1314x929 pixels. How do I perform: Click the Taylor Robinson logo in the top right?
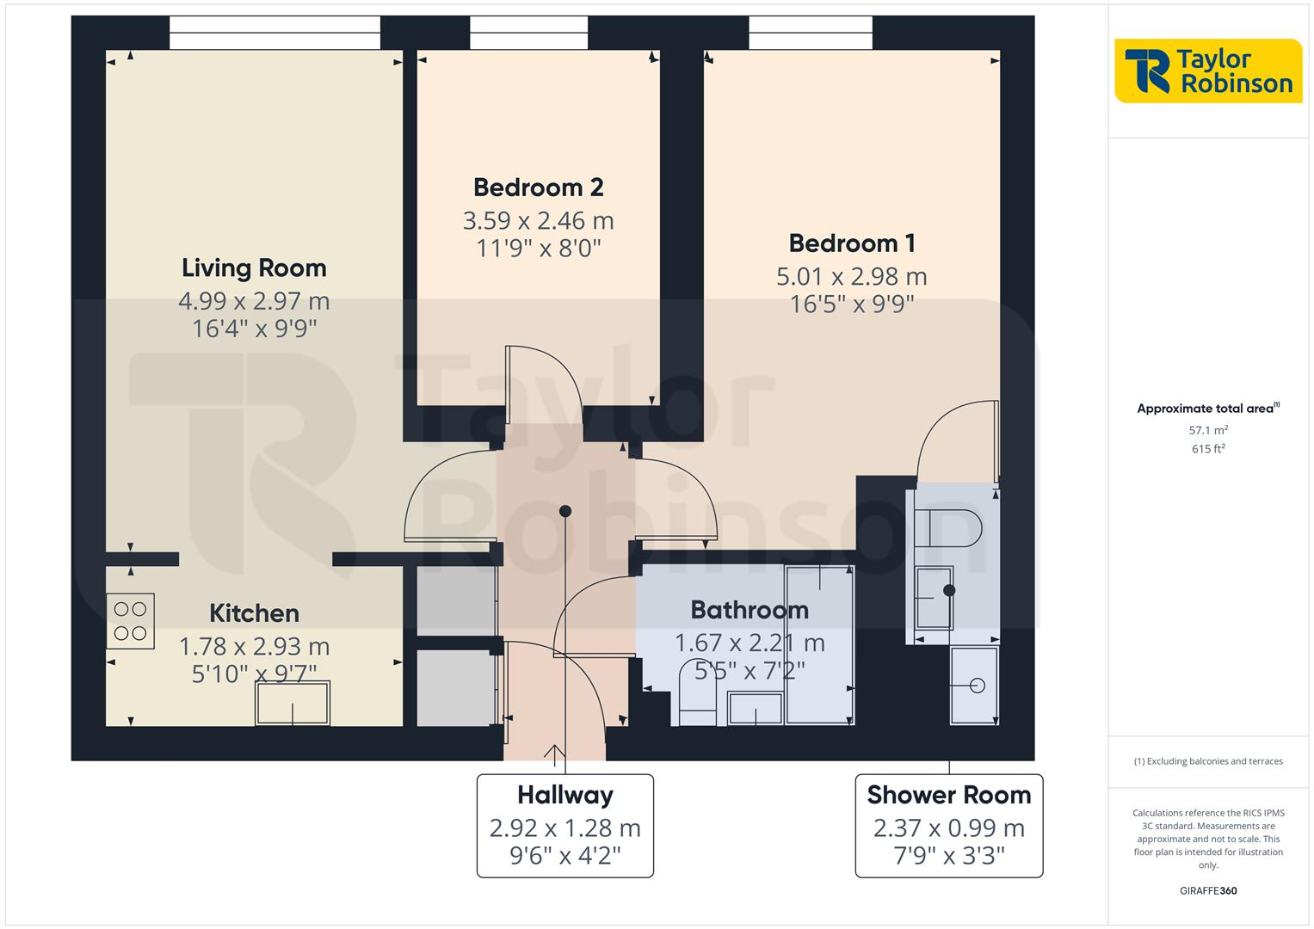(1207, 71)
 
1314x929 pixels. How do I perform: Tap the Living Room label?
(254, 268)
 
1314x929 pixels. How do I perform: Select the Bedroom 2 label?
(538, 188)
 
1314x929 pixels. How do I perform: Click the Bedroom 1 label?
(851, 243)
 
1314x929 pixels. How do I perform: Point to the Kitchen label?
(254, 613)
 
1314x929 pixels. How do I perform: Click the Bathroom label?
(749, 610)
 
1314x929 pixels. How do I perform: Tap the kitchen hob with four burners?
(130, 621)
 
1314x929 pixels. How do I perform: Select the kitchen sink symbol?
(292, 703)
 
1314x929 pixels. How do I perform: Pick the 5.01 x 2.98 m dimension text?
(851, 277)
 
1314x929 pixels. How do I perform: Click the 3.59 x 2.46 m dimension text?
(538, 221)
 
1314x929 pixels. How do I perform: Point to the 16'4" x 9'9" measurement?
(254, 329)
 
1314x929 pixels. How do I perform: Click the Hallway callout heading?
(564, 795)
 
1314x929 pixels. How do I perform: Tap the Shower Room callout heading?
(948, 795)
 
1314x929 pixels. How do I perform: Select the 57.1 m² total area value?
(1207, 430)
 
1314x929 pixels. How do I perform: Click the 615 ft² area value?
(1207, 449)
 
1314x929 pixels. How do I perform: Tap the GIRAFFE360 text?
(1207, 891)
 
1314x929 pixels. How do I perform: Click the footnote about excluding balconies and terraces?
(1207, 761)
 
